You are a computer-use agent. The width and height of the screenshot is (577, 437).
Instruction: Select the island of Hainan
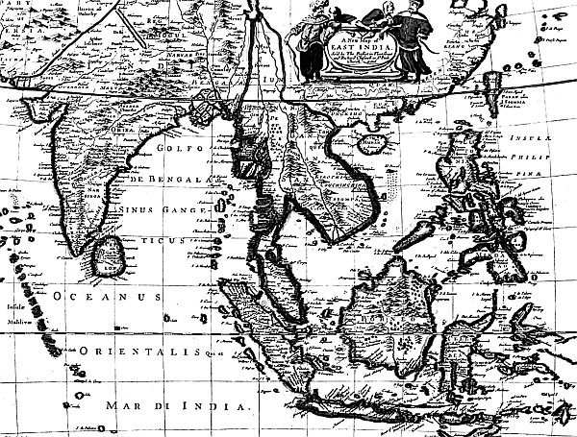pyautogui.click(x=367, y=146)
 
